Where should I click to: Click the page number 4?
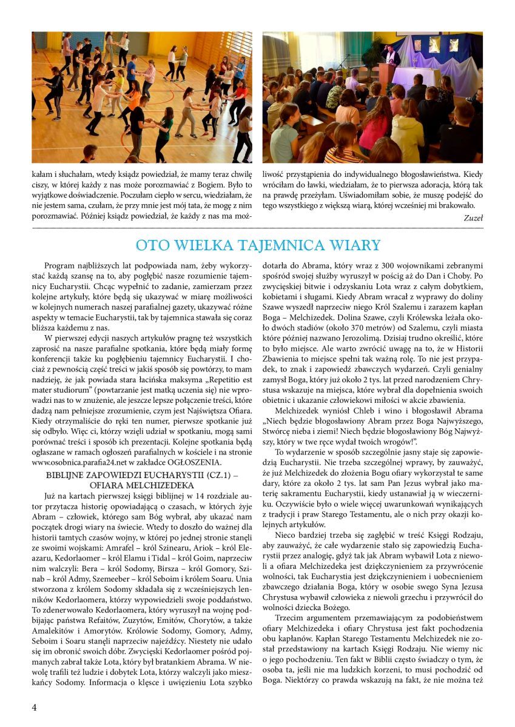click(x=35, y=707)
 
